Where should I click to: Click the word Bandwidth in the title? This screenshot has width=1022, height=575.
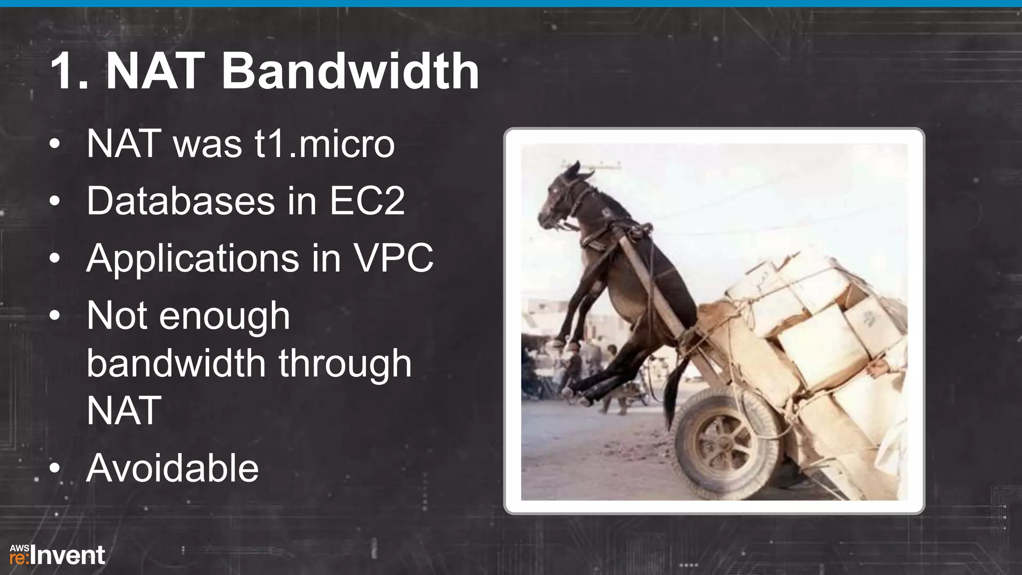click(x=350, y=71)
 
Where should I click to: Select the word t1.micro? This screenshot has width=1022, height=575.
click(x=325, y=144)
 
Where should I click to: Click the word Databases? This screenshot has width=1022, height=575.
click(x=181, y=201)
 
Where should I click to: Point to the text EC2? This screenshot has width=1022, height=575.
click(x=367, y=201)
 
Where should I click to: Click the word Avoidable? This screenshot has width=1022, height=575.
click(x=172, y=468)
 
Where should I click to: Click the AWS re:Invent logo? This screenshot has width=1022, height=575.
click(x=57, y=555)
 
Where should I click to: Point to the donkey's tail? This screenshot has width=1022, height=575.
click(x=674, y=389)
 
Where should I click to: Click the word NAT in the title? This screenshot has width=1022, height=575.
click(x=155, y=71)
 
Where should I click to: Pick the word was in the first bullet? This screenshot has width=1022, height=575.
click(x=207, y=144)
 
